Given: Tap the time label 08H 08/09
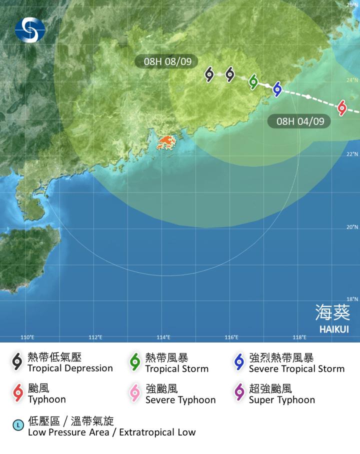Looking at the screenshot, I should pyautogui.click(x=166, y=61).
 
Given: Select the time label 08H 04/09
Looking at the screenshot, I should pyautogui.click(x=299, y=121).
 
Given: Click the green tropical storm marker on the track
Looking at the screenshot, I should pyautogui.click(x=253, y=81).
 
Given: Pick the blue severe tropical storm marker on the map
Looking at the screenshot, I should pyautogui.click(x=277, y=89).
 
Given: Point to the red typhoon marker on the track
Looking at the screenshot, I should pyautogui.click(x=342, y=107).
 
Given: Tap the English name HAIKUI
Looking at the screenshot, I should pyautogui.click(x=334, y=329).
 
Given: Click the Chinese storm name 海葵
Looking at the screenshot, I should pyautogui.click(x=332, y=312).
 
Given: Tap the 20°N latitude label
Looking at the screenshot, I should pyautogui.click(x=352, y=227).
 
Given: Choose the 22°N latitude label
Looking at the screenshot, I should pyautogui.click(x=352, y=154).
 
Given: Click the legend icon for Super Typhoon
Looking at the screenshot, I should pyautogui.click(x=239, y=393).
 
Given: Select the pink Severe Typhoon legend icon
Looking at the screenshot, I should pyautogui.click(x=134, y=393).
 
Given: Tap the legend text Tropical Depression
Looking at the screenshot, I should pyautogui.click(x=70, y=368).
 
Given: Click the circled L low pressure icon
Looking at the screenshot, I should pyautogui.click(x=18, y=426).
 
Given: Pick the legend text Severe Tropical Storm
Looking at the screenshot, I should pyautogui.click(x=296, y=369).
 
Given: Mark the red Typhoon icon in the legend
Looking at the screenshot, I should pyautogui.click(x=18, y=393).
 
